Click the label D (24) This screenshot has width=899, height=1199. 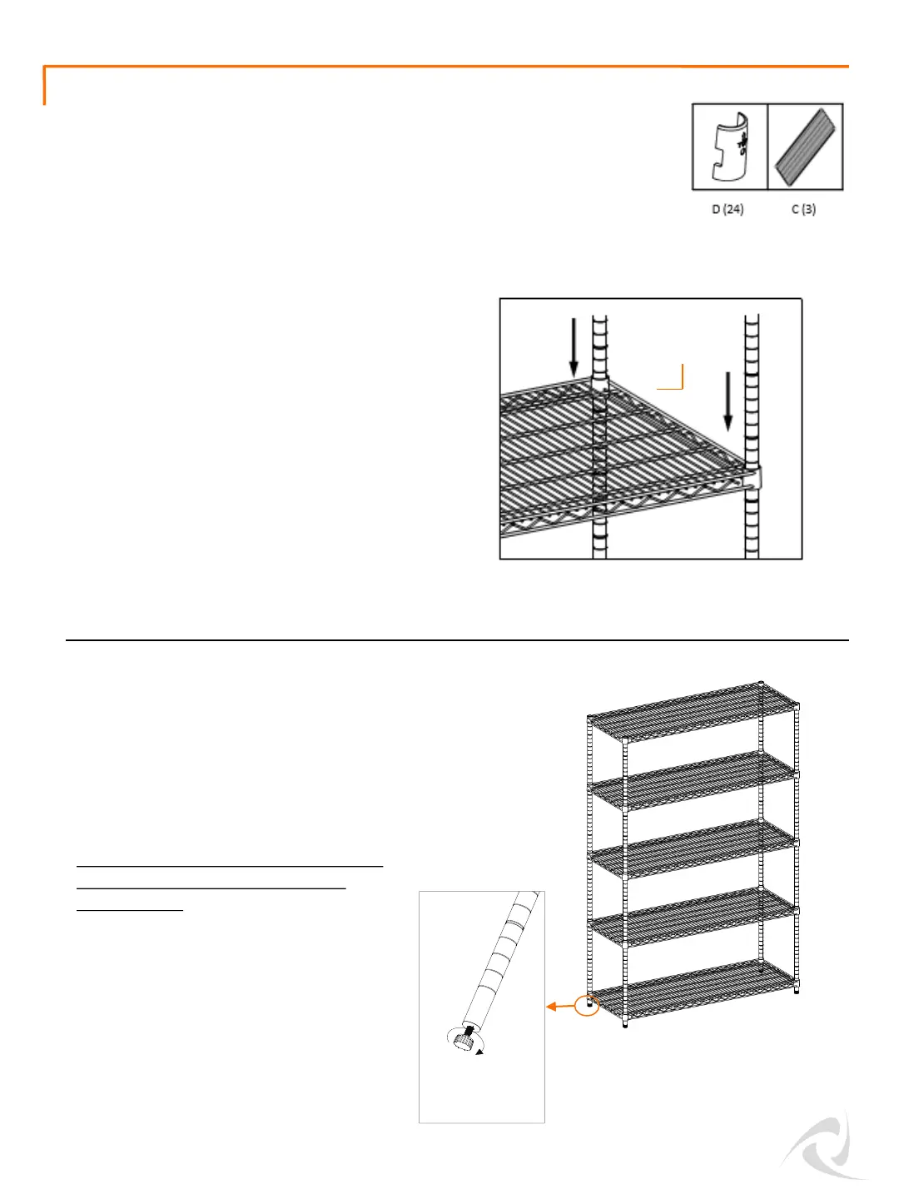728,209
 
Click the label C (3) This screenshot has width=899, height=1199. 803,209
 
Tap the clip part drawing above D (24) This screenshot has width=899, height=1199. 730,147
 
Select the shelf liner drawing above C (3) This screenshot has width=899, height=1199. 805,147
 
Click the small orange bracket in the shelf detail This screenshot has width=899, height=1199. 673,378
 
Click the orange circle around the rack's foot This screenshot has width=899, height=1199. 588,1006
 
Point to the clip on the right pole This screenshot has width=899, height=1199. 752,479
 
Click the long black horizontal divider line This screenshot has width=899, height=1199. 457,640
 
